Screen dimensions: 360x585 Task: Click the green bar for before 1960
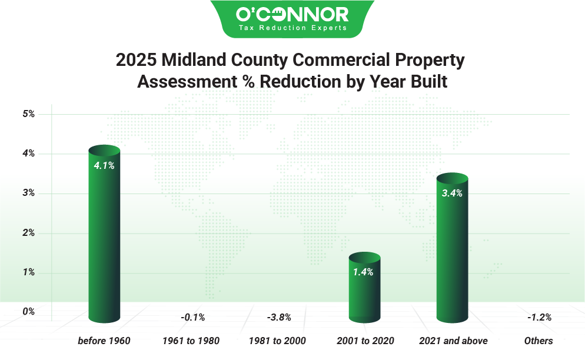(x=104, y=235)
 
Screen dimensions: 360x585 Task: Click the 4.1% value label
(x=104, y=165)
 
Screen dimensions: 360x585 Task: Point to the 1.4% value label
(x=364, y=272)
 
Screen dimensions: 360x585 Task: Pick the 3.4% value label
(x=452, y=193)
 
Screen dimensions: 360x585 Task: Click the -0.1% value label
(x=192, y=318)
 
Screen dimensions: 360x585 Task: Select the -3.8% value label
(x=279, y=318)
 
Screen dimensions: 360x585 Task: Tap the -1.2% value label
(x=539, y=318)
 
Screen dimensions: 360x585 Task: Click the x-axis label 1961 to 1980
(x=191, y=341)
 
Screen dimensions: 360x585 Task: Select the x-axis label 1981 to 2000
(x=277, y=341)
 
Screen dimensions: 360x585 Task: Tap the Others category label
(x=539, y=341)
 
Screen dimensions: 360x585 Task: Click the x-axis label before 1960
(x=104, y=341)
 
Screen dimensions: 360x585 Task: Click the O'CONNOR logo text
(x=292, y=14)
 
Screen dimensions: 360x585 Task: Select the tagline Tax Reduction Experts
(x=292, y=28)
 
